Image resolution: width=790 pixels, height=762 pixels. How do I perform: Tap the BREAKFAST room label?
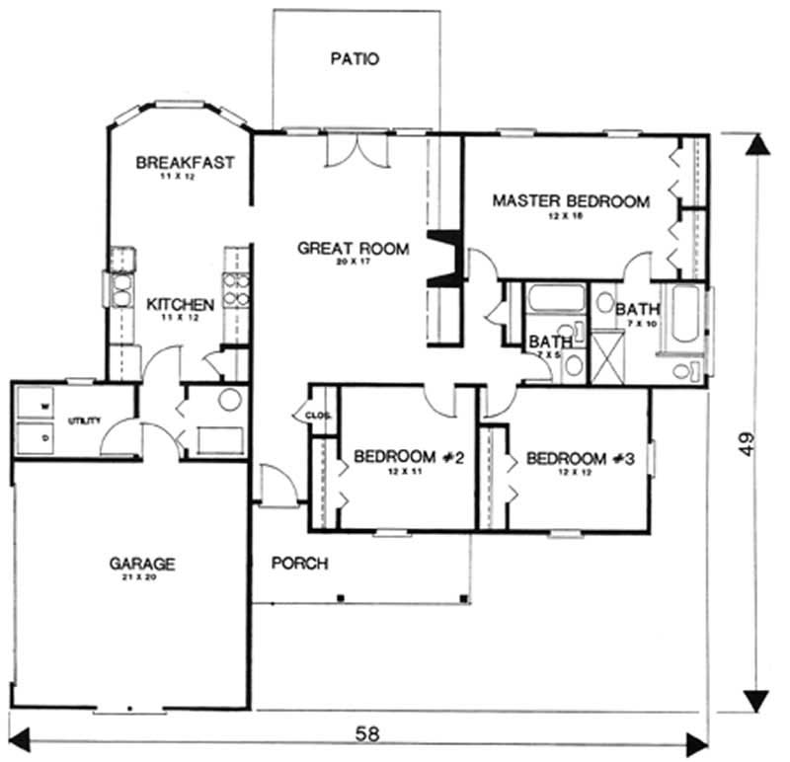pyautogui.click(x=185, y=162)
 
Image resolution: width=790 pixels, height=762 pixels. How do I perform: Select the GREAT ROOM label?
pyautogui.click(x=353, y=249)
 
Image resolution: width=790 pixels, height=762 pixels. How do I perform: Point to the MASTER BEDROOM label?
pyautogui.click(x=571, y=201)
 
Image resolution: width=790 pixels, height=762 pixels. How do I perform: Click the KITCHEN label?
pyautogui.click(x=181, y=305)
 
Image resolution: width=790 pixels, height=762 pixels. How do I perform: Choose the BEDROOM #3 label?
pyautogui.click(x=580, y=459)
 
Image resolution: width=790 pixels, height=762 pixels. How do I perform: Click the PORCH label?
pyautogui.click(x=300, y=563)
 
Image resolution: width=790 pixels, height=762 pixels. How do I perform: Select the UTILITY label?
pyautogui.click(x=84, y=421)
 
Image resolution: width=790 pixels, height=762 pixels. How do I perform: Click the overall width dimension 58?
pyautogui.click(x=366, y=735)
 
